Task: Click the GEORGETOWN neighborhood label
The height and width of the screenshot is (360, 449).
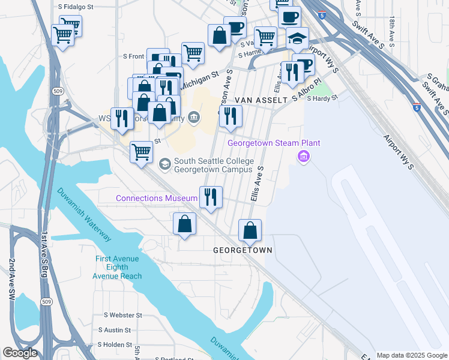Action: [243, 250]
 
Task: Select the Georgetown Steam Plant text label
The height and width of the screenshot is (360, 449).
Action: [274, 143]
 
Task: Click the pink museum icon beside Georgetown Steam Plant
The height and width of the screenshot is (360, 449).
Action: [304, 157]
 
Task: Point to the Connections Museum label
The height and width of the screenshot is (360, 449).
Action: [156, 198]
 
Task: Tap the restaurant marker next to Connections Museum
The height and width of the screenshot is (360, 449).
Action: [210, 196]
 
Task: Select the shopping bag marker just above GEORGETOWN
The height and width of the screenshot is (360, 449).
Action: [250, 230]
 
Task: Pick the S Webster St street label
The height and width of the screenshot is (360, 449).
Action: [122, 315]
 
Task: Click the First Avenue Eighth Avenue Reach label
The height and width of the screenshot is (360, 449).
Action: [117, 268]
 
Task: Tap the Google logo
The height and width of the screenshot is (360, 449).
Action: [20, 353]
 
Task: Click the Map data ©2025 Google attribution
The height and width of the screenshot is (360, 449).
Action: [411, 355]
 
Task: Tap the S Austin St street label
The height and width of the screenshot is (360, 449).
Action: [117, 330]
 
